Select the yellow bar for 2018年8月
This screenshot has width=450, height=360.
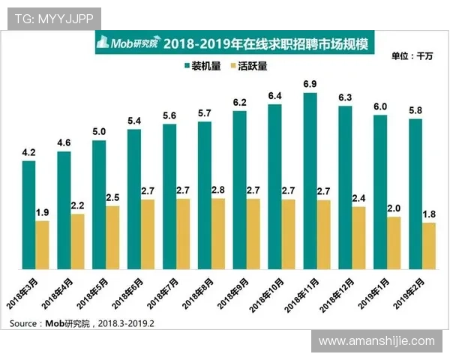click(218, 234)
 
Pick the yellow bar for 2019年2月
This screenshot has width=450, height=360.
click(429, 246)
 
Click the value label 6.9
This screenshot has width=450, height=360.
click(310, 84)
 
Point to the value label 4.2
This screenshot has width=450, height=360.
click(28, 152)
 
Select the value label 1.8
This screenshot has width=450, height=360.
click(429, 214)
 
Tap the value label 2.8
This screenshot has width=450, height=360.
click(218, 189)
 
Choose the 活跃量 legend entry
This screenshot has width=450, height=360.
click(248, 66)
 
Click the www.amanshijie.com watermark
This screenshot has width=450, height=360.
click(376, 341)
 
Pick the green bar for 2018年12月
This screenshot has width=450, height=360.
click(345, 188)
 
